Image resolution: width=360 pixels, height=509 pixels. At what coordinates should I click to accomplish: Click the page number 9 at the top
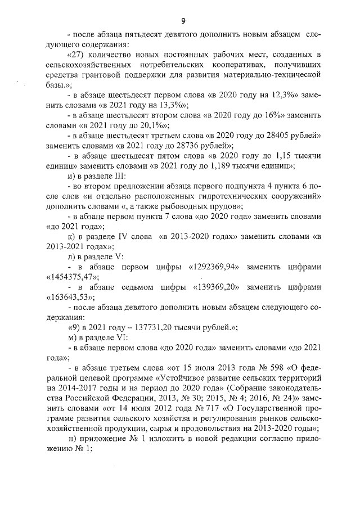click(183, 21)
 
